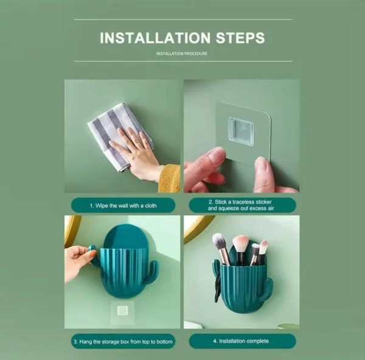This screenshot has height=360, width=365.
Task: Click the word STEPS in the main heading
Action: pos(237,38)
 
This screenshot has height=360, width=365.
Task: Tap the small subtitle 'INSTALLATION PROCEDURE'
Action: pos(182,54)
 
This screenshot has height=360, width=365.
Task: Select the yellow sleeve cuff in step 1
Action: pos(170,178)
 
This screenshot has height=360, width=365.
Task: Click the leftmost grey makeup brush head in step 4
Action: pos(220,241)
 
